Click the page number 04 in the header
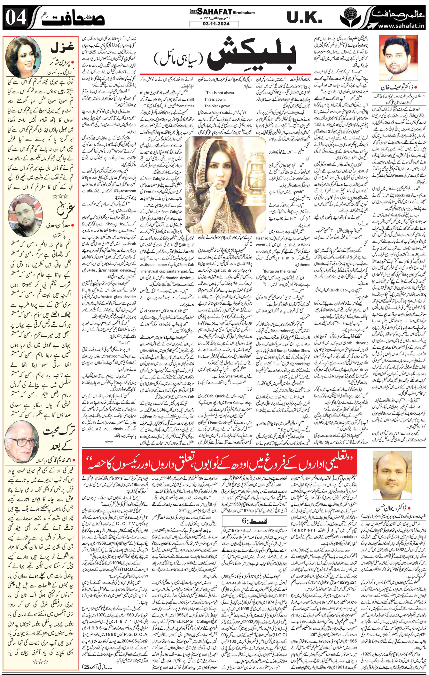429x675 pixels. (16, 18)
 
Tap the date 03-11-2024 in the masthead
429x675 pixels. (214, 24)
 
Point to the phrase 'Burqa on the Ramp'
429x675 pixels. (276, 271)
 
